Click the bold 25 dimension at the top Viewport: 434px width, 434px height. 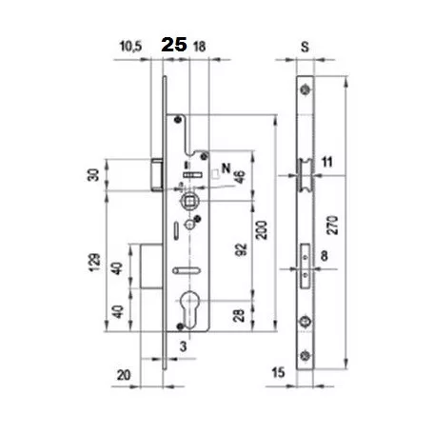tap(174, 45)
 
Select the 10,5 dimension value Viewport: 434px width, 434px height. tap(130, 47)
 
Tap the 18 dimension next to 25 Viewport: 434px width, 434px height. tap(199, 47)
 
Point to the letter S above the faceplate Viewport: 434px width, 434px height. tap(305, 47)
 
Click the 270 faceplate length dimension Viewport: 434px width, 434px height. tap(332, 226)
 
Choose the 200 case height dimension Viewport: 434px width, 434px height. tap(262, 230)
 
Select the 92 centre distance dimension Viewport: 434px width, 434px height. tap(241, 249)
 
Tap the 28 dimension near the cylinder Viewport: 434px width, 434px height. tap(239, 315)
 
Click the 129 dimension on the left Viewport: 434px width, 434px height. tap(94, 262)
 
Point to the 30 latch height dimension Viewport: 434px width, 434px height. tap(93, 175)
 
